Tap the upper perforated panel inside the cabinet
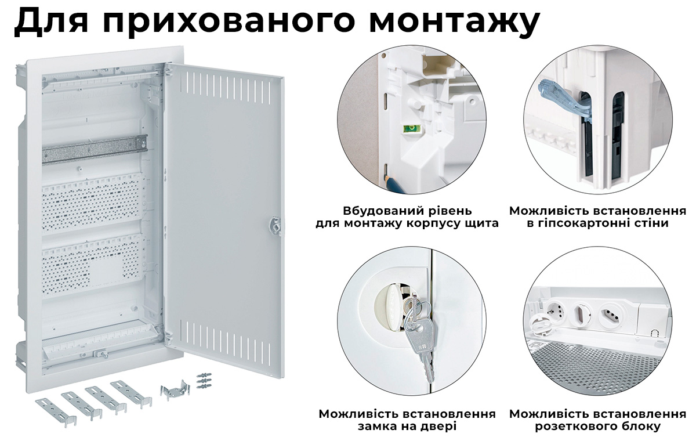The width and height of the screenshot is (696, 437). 93,200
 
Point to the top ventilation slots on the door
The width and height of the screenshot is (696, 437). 227,86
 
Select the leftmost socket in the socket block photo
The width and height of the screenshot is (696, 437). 554,313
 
